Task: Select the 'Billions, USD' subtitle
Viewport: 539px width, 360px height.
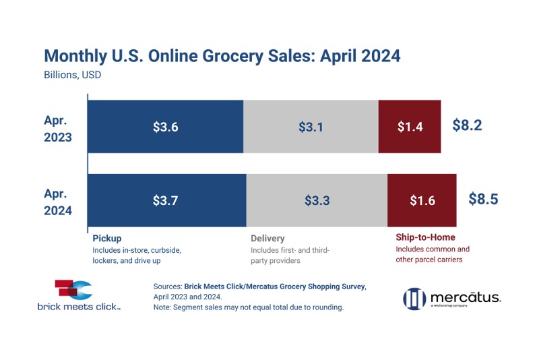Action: pos(72,75)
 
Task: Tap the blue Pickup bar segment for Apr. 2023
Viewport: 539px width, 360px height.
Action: pos(165,127)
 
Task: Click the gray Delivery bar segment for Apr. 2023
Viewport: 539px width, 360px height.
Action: pos(311,127)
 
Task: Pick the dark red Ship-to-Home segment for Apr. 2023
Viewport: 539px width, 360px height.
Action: pos(410,127)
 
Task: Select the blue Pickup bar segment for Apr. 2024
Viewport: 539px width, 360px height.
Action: pos(167,200)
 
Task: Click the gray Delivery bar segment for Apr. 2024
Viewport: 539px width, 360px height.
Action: pos(317,200)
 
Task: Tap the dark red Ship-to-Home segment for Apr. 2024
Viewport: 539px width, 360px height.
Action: pos(422,200)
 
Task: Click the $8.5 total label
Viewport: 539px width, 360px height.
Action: pos(482,200)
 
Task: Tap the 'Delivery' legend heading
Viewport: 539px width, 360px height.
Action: pos(267,238)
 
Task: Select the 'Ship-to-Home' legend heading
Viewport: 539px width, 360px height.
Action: pos(424,237)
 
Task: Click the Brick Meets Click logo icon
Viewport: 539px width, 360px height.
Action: pos(71,290)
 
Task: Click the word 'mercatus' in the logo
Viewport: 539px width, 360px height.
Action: pos(465,297)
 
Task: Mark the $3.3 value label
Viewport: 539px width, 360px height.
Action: pos(317,200)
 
